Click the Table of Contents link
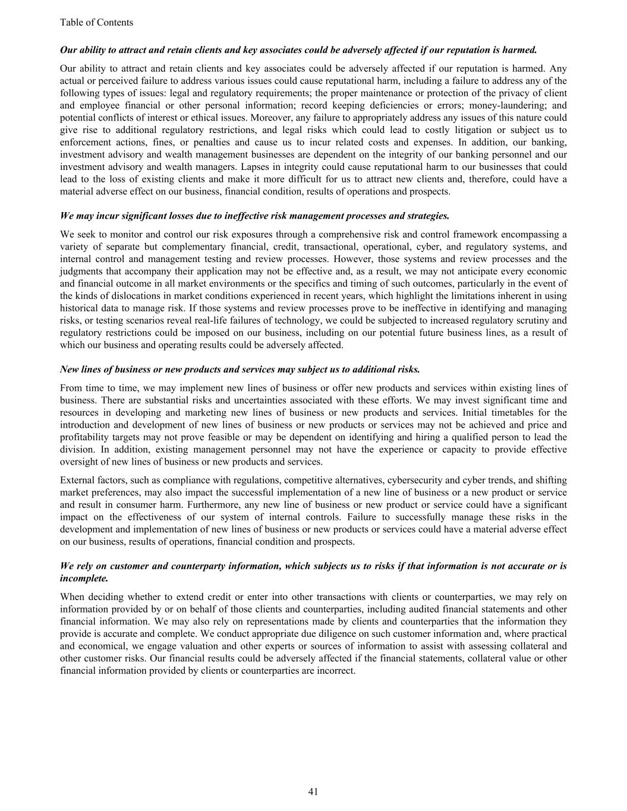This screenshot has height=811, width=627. pos(96,23)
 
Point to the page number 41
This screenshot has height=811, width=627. pos(313,791)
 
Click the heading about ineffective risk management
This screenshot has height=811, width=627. pos(254,216)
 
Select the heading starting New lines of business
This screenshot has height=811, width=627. pos(240,370)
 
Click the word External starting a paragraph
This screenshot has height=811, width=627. pos(76,480)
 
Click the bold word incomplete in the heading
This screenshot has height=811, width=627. pos(84,578)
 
